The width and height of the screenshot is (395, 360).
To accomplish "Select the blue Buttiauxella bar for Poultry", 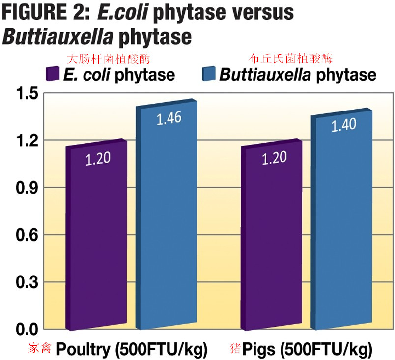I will [167, 216].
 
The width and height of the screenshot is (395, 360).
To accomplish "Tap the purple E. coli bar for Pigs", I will [272, 236].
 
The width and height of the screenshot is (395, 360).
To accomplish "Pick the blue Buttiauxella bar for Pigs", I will [343, 221].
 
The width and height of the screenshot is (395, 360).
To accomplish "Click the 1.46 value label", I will [169, 118].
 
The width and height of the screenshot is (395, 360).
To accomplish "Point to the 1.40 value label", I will [343, 126].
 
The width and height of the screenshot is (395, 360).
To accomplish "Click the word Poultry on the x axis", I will [83, 350].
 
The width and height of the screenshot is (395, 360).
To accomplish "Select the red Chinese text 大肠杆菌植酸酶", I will [108, 59].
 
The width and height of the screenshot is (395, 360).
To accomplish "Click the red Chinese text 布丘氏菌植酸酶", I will [291, 59].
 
